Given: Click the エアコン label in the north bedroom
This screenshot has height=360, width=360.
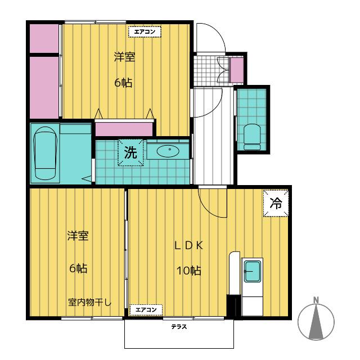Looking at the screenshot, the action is pos(145,31).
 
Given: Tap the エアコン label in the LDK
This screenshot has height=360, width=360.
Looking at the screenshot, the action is pos(146,310).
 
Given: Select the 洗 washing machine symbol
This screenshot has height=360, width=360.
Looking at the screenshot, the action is pos(130,152).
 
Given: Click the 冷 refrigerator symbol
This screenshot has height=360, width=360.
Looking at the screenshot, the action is pos(276,203).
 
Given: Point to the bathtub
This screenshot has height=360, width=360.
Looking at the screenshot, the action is pos(45,153).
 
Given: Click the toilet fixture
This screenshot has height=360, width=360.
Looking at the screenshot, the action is pos(252,137).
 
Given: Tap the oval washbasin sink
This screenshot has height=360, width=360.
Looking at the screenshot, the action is pos(168,151).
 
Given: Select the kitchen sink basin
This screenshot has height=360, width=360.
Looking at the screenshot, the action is pos(253,271).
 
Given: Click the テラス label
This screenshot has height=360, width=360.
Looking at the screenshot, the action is pos(179,326).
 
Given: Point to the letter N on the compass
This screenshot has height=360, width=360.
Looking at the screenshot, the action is pos(316,300).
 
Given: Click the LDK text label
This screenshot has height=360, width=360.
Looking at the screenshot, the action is pos(188,246).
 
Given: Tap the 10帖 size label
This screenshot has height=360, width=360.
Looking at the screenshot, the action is pos(189,271).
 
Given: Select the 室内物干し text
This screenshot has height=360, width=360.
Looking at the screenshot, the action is pos(89,302).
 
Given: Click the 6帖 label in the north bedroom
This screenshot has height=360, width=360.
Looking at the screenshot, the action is pos(124,83).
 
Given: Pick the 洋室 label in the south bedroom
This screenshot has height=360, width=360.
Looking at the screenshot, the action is pos(78,236).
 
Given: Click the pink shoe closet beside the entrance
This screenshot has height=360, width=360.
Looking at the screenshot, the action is pos(236,69).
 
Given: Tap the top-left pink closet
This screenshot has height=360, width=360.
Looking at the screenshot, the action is pos(44,38).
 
